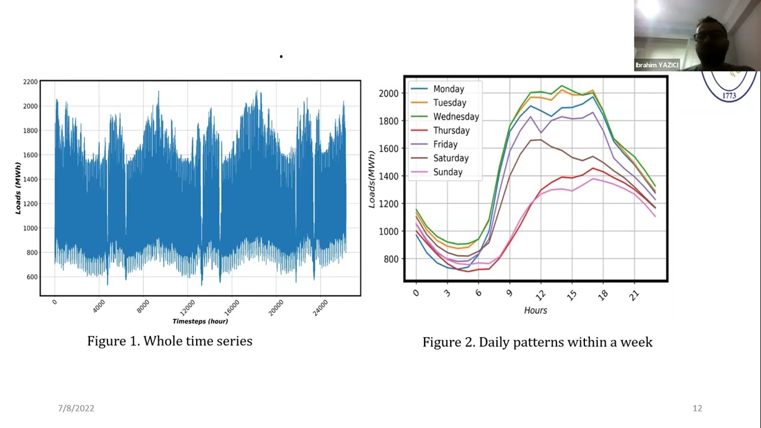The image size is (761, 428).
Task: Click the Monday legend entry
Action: pos(448,89)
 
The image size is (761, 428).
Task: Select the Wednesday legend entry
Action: pos(455,117)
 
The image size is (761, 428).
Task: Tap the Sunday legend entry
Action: pos(447,172)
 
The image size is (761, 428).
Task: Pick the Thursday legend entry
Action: pos(451,130)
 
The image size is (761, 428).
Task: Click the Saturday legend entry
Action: pos(451,158)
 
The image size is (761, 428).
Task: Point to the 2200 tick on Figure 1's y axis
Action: pos(30,81)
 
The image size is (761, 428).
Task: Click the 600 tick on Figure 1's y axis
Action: pos(32,277)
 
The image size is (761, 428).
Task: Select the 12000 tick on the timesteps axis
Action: pos(186,308)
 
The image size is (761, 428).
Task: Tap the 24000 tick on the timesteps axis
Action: pos(319,308)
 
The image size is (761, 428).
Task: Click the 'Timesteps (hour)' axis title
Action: pos(200,321)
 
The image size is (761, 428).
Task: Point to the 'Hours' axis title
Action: pos(535,310)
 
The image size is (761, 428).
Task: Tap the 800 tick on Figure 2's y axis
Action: pos(390,259)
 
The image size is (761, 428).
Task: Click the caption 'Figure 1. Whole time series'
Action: pos(169,341)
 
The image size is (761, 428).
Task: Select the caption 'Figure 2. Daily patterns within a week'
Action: pos(537,342)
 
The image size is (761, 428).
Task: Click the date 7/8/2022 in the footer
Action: pos(76,408)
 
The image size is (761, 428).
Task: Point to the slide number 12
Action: pos(697,408)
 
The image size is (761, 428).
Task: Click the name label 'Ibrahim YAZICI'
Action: pos(656,65)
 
